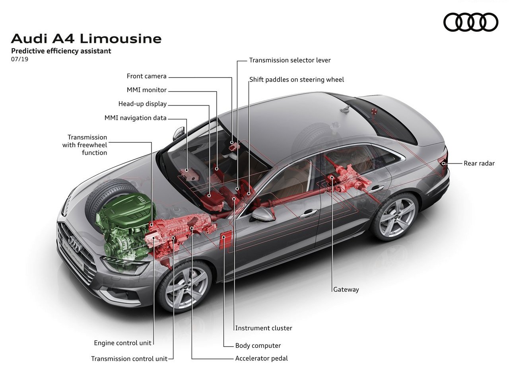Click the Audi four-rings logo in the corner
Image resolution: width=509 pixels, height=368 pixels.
470,22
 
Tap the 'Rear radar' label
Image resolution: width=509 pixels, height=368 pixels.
479,163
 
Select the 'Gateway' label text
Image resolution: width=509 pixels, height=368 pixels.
346,289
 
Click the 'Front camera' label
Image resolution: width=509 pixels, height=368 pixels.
147,76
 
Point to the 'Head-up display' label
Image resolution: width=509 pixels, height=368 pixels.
142,104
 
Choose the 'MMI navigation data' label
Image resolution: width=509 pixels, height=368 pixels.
136,118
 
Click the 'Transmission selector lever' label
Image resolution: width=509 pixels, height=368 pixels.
290,60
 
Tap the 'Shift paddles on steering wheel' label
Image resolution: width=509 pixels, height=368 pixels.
297,80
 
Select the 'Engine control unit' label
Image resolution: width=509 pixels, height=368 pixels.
122,343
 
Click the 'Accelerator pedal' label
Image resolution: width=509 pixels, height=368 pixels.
261,358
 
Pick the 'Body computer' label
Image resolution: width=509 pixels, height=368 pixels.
258,345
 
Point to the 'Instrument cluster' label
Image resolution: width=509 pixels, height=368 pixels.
264,328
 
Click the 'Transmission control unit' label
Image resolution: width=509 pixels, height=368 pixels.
129,358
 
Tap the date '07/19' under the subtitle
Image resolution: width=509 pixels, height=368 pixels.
19,59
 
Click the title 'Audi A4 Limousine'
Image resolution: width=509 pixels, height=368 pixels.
86,39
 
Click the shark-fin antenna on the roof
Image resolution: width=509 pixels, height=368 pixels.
346,109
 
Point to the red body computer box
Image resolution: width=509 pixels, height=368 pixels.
225,239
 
